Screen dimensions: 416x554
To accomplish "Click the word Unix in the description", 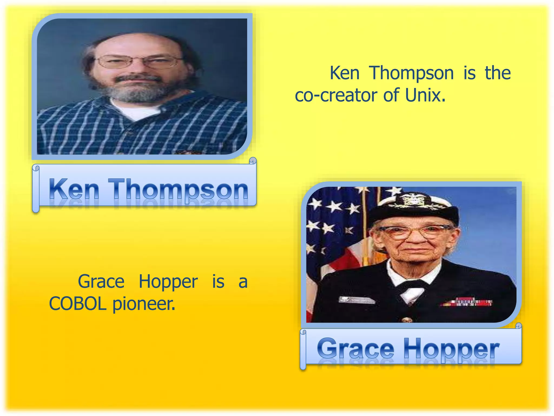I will click(425, 95).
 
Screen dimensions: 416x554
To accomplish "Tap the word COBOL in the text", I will click(77, 304).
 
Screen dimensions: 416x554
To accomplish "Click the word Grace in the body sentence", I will click(101, 282).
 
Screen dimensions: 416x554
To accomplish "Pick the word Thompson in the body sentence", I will click(411, 73).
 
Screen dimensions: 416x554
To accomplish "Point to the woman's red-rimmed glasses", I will click(414, 231).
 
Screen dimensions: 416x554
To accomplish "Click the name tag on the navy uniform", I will click(357, 300).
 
